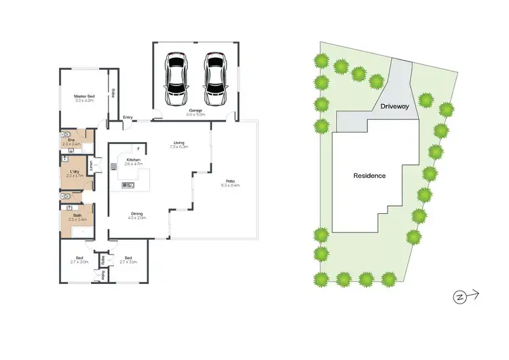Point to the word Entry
pos(128,117)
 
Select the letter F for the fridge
pos(138,148)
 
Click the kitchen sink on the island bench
pos(128,185)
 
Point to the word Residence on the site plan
pos(370,175)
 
